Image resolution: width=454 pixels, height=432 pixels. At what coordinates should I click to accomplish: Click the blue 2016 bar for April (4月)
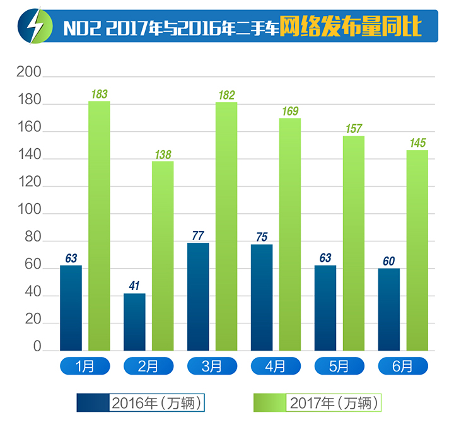point(262,296)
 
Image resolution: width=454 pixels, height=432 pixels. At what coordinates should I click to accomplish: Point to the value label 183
point(99,95)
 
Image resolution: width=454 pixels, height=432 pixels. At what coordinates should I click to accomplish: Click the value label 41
point(134,286)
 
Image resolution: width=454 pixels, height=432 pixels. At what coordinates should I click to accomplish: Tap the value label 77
point(198,236)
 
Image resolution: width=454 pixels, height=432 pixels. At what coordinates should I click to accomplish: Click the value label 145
point(417,143)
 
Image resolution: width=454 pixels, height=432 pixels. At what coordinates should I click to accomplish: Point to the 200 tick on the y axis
point(29,74)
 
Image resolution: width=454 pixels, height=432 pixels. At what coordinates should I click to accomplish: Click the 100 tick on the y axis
point(29,212)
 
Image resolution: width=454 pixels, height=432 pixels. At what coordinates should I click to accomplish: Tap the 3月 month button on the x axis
point(212,366)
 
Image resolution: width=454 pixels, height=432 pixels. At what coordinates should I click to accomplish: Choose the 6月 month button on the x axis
point(402,366)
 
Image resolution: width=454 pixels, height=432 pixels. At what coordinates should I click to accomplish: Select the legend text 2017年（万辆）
point(335,402)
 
